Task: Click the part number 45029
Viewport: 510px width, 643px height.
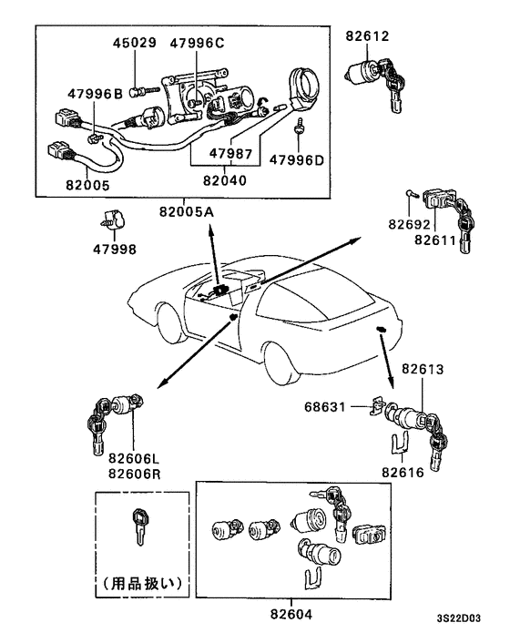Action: click(135, 43)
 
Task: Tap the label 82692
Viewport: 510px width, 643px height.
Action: click(408, 223)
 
